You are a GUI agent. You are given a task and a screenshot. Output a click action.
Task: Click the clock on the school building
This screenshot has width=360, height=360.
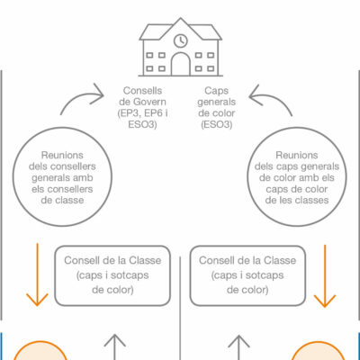[181, 40]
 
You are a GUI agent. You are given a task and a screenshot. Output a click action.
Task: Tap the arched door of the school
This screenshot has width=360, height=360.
[181, 64]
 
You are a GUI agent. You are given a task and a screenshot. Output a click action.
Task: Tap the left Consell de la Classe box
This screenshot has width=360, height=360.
[112, 275]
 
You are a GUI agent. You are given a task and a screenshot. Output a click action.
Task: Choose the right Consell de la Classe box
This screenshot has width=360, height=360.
[247, 275]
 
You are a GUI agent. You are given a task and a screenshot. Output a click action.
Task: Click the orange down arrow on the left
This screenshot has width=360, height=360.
[37, 274]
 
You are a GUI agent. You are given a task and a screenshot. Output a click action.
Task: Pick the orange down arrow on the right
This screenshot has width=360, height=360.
[325, 276]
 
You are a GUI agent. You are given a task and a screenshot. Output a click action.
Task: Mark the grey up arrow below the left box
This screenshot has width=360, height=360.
[114, 347]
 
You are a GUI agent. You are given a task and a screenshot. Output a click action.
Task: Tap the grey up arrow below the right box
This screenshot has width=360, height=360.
[238, 347]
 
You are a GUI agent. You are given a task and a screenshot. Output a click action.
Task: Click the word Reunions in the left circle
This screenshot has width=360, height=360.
[62, 155]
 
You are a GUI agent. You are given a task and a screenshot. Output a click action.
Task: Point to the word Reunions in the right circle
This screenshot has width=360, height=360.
[297, 155]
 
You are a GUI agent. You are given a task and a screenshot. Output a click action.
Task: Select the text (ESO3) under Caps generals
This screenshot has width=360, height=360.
[217, 124]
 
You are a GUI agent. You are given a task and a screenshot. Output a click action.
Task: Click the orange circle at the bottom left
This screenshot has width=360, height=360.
[40, 350]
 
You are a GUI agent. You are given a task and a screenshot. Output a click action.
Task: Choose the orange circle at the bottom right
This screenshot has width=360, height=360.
[319, 350]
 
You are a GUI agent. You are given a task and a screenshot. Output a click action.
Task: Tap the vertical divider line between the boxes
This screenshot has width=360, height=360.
[180, 308]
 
